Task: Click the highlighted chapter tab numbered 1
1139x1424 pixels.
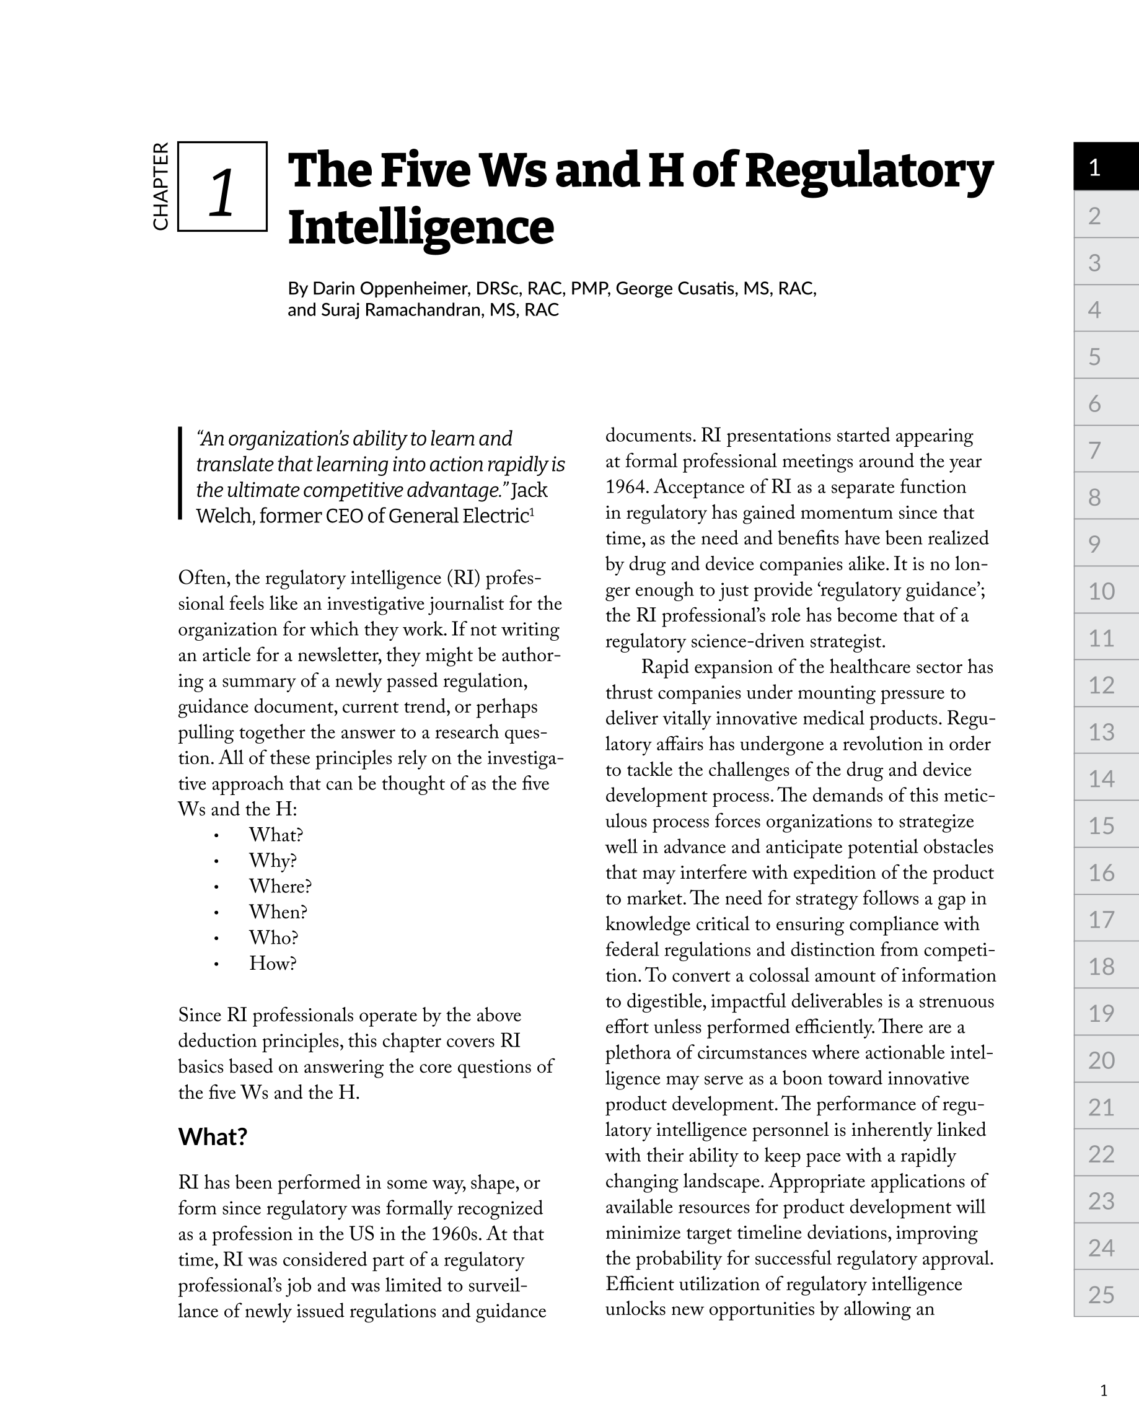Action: [x=1106, y=167]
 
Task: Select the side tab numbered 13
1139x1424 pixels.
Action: [x=1106, y=732]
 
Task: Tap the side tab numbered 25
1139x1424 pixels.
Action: [x=1106, y=1294]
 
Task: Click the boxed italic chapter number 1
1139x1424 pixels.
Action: [x=222, y=192]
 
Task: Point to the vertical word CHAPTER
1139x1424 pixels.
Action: [x=161, y=187]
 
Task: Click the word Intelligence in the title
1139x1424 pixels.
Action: [x=421, y=227]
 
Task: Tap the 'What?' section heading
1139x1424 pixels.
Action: [x=213, y=1136]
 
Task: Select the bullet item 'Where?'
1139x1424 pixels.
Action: [x=280, y=886]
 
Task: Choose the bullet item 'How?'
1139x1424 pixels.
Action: [x=273, y=964]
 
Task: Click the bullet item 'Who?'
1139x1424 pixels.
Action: [x=273, y=938]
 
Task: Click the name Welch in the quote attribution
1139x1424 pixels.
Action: [x=224, y=516]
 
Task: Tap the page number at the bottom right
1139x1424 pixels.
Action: [x=1103, y=1391]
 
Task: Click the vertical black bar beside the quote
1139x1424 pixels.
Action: [x=180, y=473]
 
